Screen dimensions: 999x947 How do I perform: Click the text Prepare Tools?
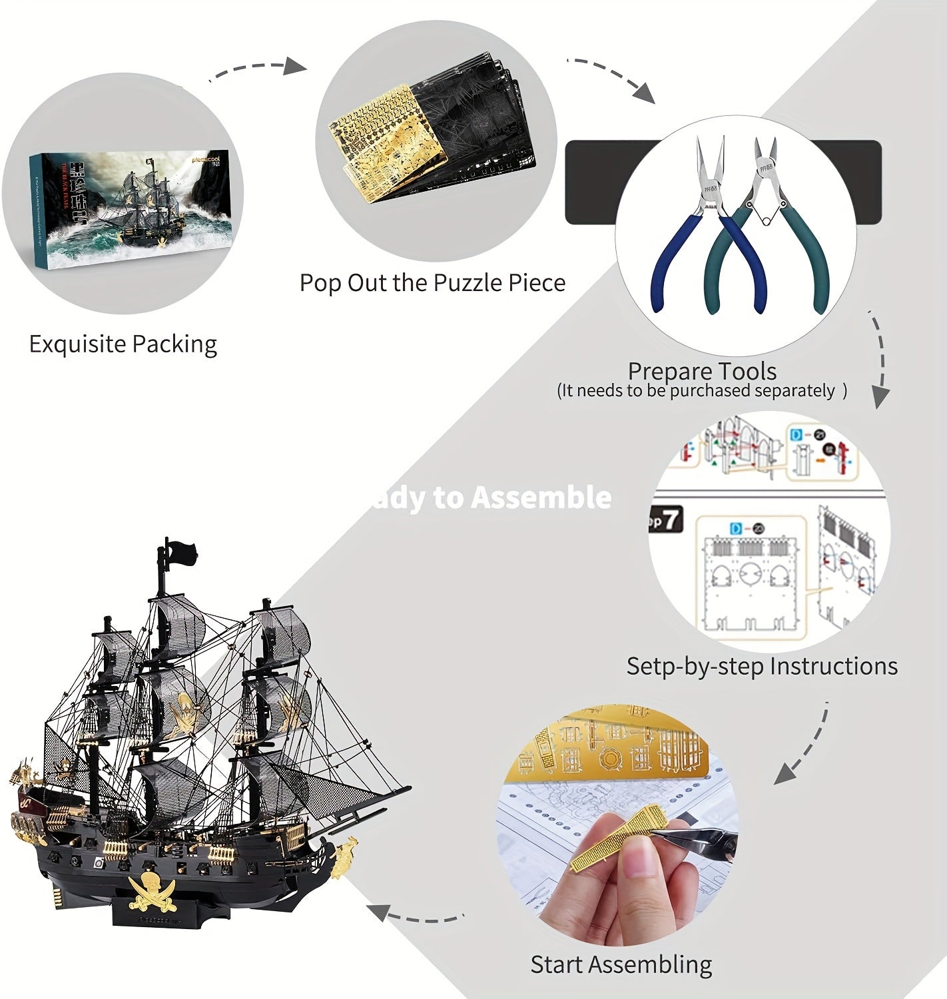702,371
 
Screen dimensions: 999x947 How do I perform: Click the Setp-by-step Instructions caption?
762,666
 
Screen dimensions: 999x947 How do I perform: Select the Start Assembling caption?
621,964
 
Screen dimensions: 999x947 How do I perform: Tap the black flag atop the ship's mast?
180,551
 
